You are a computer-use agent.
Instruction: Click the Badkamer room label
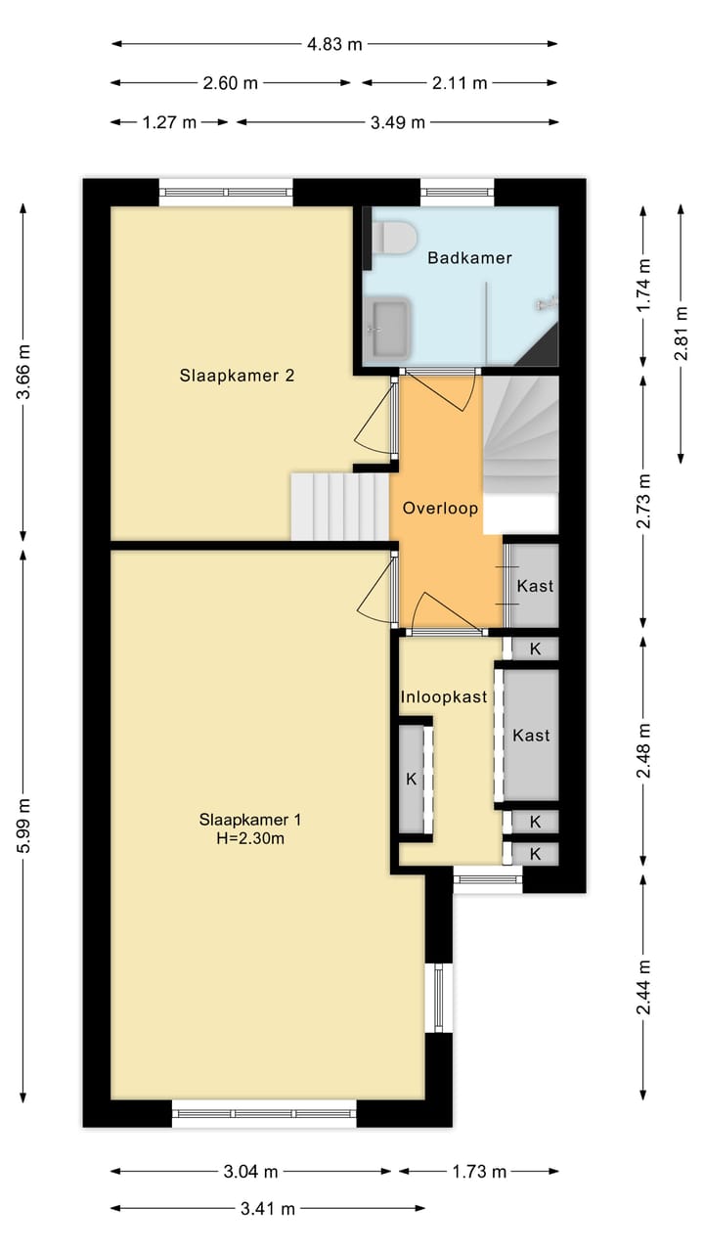click(x=469, y=257)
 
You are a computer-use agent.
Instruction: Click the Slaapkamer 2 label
click(x=237, y=375)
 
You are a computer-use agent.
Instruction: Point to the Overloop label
click(x=440, y=508)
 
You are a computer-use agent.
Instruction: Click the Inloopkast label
click(x=444, y=697)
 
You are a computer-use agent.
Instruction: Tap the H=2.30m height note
click(x=250, y=838)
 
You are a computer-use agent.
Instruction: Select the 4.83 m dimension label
click(x=334, y=44)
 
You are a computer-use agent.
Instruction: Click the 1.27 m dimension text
click(x=169, y=122)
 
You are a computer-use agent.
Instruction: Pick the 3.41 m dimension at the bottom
click(x=268, y=1209)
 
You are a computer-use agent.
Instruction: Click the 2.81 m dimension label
click(x=682, y=334)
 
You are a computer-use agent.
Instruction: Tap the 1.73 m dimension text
click(x=479, y=1171)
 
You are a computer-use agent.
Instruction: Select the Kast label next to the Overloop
click(x=535, y=586)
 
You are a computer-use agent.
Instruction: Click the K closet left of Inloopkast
click(x=412, y=779)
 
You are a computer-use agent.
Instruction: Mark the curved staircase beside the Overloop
click(x=521, y=435)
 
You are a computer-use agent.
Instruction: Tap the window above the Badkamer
click(x=457, y=193)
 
